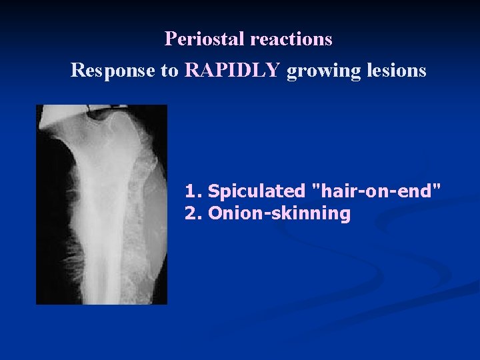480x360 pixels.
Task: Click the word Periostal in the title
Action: point(205,39)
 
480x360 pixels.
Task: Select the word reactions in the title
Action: point(291,39)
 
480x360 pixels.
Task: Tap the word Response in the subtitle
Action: point(113,70)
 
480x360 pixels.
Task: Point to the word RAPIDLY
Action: point(233,70)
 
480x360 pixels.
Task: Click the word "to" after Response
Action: point(170,71)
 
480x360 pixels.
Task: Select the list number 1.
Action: point(192,191)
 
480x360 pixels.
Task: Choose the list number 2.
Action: point(192,214)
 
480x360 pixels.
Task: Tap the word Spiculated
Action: point(256,192)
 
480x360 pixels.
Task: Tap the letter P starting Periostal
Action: point(170,39)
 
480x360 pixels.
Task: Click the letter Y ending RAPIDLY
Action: point(274,70)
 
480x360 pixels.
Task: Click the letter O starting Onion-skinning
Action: point(215,214)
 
